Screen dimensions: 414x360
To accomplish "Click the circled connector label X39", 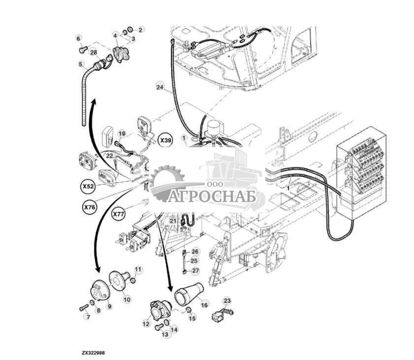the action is [166, 140].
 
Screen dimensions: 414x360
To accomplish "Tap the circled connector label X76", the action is [89, 207].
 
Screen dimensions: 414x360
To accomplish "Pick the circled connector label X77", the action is [118, 214].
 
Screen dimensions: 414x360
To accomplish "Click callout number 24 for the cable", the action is [160, 87].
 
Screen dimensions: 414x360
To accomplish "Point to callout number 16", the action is [204, 305].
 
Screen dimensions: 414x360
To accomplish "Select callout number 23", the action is [227, 300].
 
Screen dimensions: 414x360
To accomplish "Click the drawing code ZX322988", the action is [93, 353].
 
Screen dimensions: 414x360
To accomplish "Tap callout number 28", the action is [94, 53].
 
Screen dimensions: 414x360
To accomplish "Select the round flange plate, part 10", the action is [119, 281].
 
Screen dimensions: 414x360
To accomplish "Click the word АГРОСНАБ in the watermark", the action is [212, 197].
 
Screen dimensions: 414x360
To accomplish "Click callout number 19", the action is [122, 133].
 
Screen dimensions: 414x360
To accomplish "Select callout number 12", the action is [146, 324].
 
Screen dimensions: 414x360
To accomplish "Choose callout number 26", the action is [195, 252].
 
